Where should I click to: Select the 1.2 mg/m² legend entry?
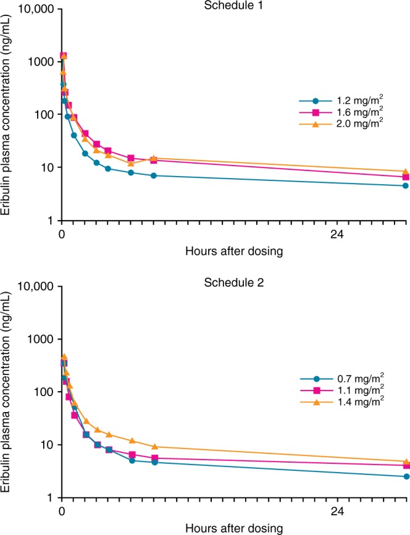(x=337, y=101)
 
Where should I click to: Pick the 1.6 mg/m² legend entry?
(x=337, y=113)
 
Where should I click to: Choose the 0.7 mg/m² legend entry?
(x=337, y=379)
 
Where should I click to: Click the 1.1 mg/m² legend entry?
(x=337, y=391)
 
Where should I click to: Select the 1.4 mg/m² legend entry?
(x=337, y=403)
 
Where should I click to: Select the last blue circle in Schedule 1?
(x=406, y=185)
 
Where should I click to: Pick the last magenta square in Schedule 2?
(x=406, y=465)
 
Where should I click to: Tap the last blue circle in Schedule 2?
(x=406, y=476)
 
